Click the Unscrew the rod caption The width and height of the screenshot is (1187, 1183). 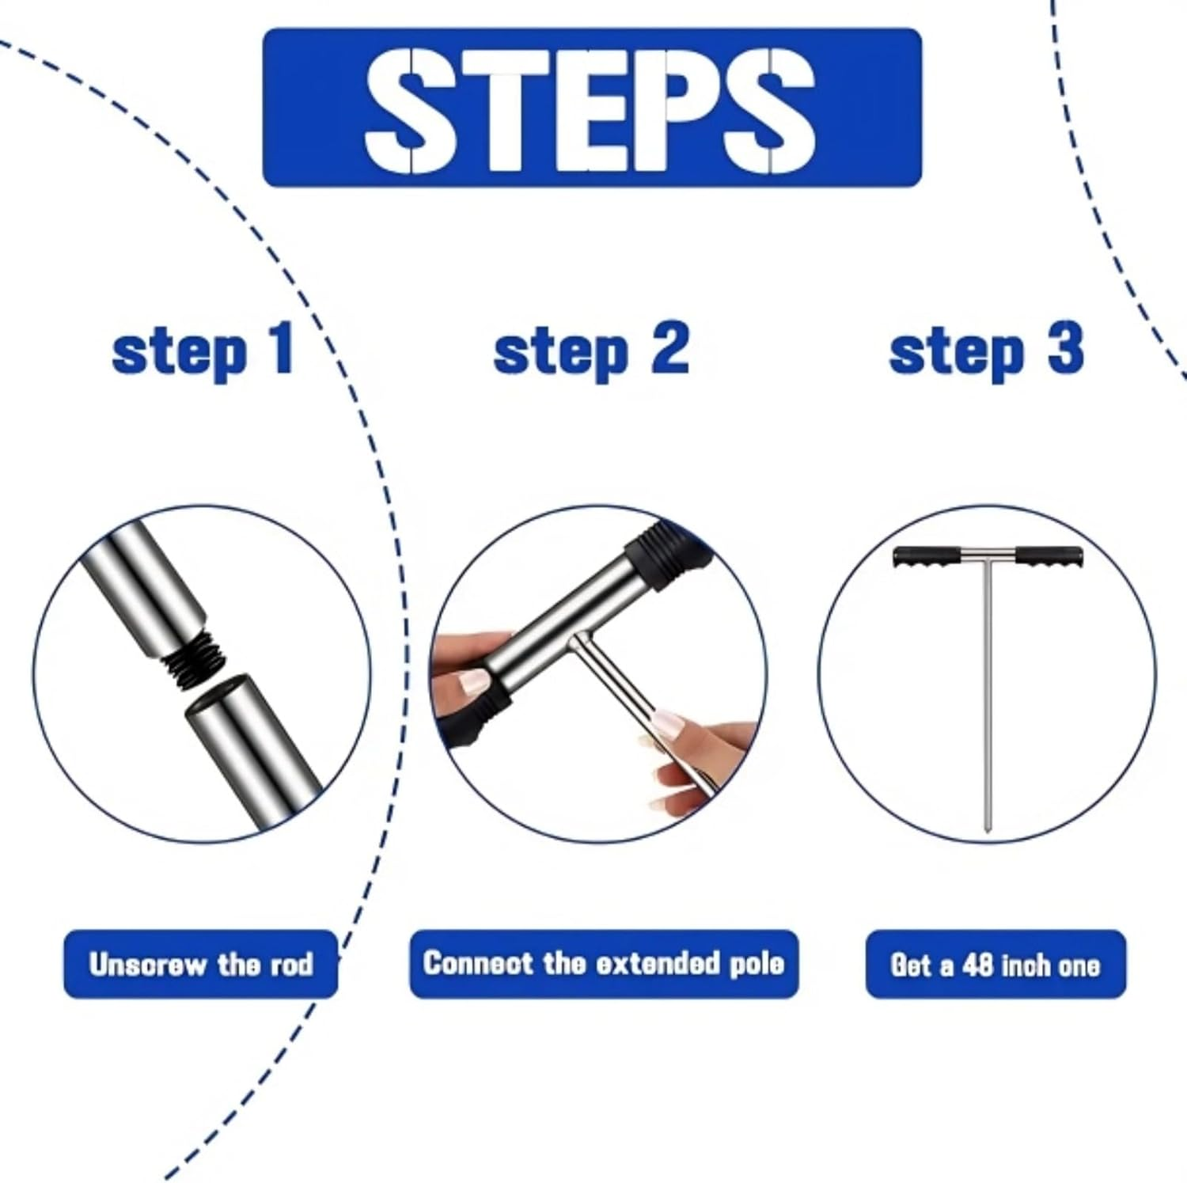click(x=201, y=965)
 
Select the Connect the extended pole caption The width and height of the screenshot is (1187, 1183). click(x=603, y=964)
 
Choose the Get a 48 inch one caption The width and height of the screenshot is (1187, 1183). click(x=995, y=965)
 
